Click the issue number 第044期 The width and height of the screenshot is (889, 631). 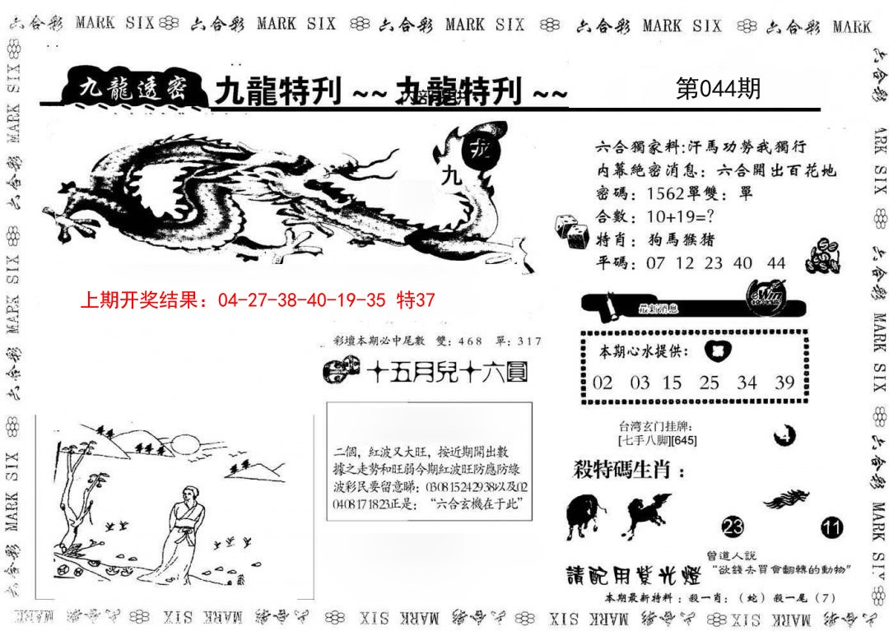tap(718, 89)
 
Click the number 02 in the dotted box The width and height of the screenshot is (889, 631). tap(603, 383)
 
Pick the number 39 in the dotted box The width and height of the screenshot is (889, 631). tap(784, 383)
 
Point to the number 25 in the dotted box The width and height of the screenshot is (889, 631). tap(709, 383)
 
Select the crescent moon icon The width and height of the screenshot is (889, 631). tap(784, 433)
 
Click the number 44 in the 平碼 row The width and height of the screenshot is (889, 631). tap(775, 263)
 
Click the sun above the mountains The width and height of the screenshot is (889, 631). tap(186, 447)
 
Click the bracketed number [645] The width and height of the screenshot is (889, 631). tap(684, 441)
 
